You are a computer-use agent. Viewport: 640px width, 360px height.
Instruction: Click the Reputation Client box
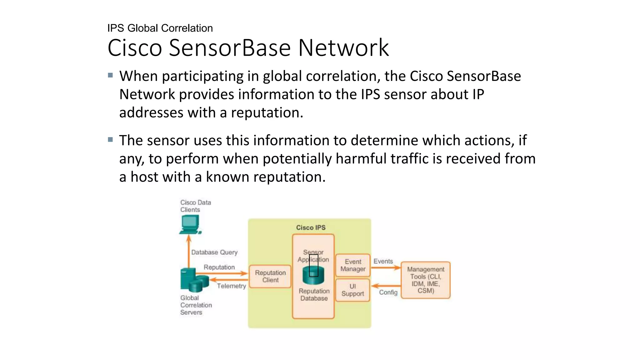pyautogui.click(x=270, y=276)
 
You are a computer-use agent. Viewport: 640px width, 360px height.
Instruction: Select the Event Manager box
pyautogui.click(x=353, y=265)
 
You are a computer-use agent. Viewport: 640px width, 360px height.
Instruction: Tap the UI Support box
pyautogui.click(x=352, y=290)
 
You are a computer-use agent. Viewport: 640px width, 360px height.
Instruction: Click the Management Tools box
pyautogui.click(x=425, y=280)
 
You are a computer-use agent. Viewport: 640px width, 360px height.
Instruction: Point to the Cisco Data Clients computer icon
pyautogui.click(x=190, y=225)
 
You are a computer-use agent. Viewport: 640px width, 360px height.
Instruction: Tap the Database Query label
pyautogui.click(x=214, y=252)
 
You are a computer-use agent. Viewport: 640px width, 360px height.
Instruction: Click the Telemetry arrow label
pyautogui.click(x=231, y=286)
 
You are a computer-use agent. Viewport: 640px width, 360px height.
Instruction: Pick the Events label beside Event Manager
pyautogui.click(x=383, y=261)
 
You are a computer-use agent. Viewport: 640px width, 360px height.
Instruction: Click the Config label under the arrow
pyautogui.click(x=388, y=292)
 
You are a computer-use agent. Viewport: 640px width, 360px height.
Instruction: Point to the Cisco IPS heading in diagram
pyautogui.click(x=311, y=227)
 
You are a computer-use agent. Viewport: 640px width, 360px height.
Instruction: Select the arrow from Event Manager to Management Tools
pyautogui.click(x=386, y=267)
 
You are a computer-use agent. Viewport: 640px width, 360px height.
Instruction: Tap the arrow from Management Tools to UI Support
pyautogui.click(x=386, y=286)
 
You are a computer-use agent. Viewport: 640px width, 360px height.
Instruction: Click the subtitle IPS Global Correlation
pyautogui.click(x=160, y=28)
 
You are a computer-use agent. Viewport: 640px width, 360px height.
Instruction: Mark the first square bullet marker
pyautogui.click(x=110, y=75)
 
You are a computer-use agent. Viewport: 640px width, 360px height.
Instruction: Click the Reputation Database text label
pyautogui.click(x=314, y=294)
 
